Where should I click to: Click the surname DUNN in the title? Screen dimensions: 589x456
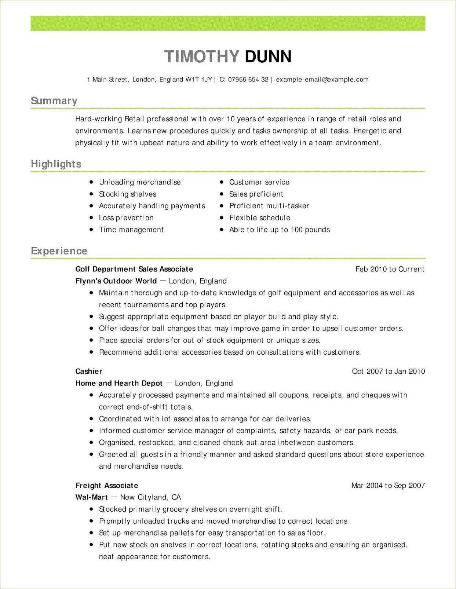[268, 56]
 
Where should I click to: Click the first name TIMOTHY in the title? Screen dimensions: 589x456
[202, 56]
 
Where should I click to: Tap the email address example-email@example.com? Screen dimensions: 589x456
[322, 80]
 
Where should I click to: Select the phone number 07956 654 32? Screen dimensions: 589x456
[248, 80]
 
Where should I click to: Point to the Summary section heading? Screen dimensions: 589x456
[54, 101]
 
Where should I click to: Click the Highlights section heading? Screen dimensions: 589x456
[56, 164]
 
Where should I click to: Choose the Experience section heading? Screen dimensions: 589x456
[59, 251]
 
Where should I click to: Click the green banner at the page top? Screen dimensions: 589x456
[228, 23]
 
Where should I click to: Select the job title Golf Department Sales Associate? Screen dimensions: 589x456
[134, 269]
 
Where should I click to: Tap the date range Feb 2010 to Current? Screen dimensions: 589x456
[390, 269]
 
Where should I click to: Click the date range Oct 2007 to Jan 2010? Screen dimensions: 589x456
[388, 371]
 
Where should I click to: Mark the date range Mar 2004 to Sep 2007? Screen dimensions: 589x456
[388, 486]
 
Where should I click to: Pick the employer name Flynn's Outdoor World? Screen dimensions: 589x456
[116, 281]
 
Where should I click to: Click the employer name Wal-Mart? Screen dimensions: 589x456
[91, 497]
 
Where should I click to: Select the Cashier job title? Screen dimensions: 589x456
[88, 371]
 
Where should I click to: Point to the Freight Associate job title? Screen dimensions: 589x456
[106, 486]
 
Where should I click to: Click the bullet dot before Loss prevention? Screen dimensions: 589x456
[91, 218]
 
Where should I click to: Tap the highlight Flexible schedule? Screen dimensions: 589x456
[259, 218]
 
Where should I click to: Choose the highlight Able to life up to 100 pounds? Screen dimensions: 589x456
[279, 230]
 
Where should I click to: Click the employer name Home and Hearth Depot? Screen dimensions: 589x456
[118, 383]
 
